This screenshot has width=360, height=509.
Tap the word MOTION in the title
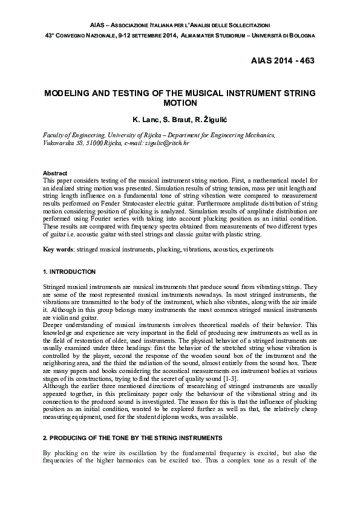180,103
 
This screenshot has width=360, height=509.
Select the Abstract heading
55,173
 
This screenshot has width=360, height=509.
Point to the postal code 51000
94,144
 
